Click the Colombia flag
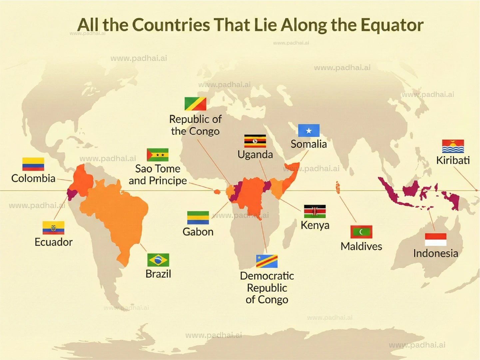(33, 164)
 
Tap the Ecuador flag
(53, 228)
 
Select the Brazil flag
(158, 260)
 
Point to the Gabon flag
(198, 218)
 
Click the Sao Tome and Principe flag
(158, 155)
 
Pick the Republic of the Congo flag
(196, 104)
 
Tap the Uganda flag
(255, 141)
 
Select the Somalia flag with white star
(309, 131)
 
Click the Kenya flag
(315, 211)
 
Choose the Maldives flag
(361, 232)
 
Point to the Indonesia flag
(436, 239)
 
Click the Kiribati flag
(453, 146)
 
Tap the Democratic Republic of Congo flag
(267, 261)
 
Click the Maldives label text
(361, 246)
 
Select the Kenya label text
(315, 225)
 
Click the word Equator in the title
(392, 25)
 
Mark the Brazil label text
(158, 274)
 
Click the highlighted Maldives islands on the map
(338, 187)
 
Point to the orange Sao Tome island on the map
(217, 191)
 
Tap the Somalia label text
(309, 144)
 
